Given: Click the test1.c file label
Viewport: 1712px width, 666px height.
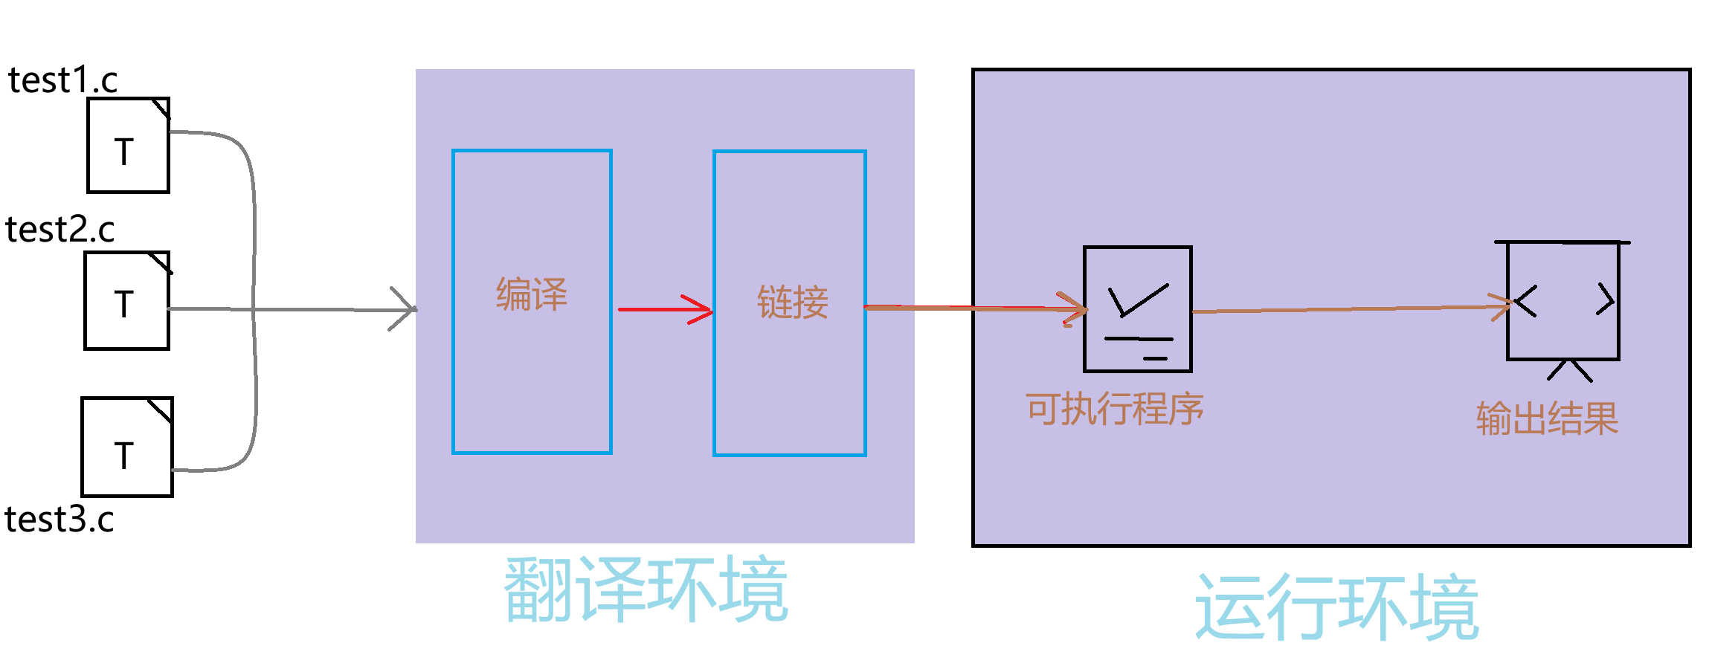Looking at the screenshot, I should pos(62,80).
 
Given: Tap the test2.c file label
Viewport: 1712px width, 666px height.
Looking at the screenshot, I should pos(59,230).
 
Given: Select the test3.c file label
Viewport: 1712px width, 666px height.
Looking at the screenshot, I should pos(59,520).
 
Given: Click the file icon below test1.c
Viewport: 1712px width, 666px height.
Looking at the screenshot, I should pos(128,146).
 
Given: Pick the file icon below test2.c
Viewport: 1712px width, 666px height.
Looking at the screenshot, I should pos(127,300).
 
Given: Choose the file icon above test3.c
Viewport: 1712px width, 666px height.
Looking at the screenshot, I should pos(127,447).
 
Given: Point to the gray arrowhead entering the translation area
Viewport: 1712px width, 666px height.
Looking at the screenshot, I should pos(405,308).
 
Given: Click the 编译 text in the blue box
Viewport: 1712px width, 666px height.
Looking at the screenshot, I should pos(532,294).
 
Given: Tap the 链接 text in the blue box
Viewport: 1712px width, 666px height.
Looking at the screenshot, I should pos(793,303).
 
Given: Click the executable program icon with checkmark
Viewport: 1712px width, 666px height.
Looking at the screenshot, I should pos(1138,309).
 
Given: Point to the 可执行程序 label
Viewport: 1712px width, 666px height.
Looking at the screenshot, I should pos(1115,410).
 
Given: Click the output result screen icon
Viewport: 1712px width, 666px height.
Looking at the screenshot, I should pos(1563,301).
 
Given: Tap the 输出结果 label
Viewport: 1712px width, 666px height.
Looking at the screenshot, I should pos(1548,418).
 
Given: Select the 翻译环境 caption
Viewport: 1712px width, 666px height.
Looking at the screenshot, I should pos(646,590).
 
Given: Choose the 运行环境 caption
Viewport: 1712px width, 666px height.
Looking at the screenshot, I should pos(1336,607).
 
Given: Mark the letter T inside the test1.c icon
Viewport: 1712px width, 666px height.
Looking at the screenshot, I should pos(124,152).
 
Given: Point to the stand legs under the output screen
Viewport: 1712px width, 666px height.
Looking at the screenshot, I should pos(1570,370).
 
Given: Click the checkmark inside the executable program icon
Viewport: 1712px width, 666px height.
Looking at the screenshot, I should pos(1136,300).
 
